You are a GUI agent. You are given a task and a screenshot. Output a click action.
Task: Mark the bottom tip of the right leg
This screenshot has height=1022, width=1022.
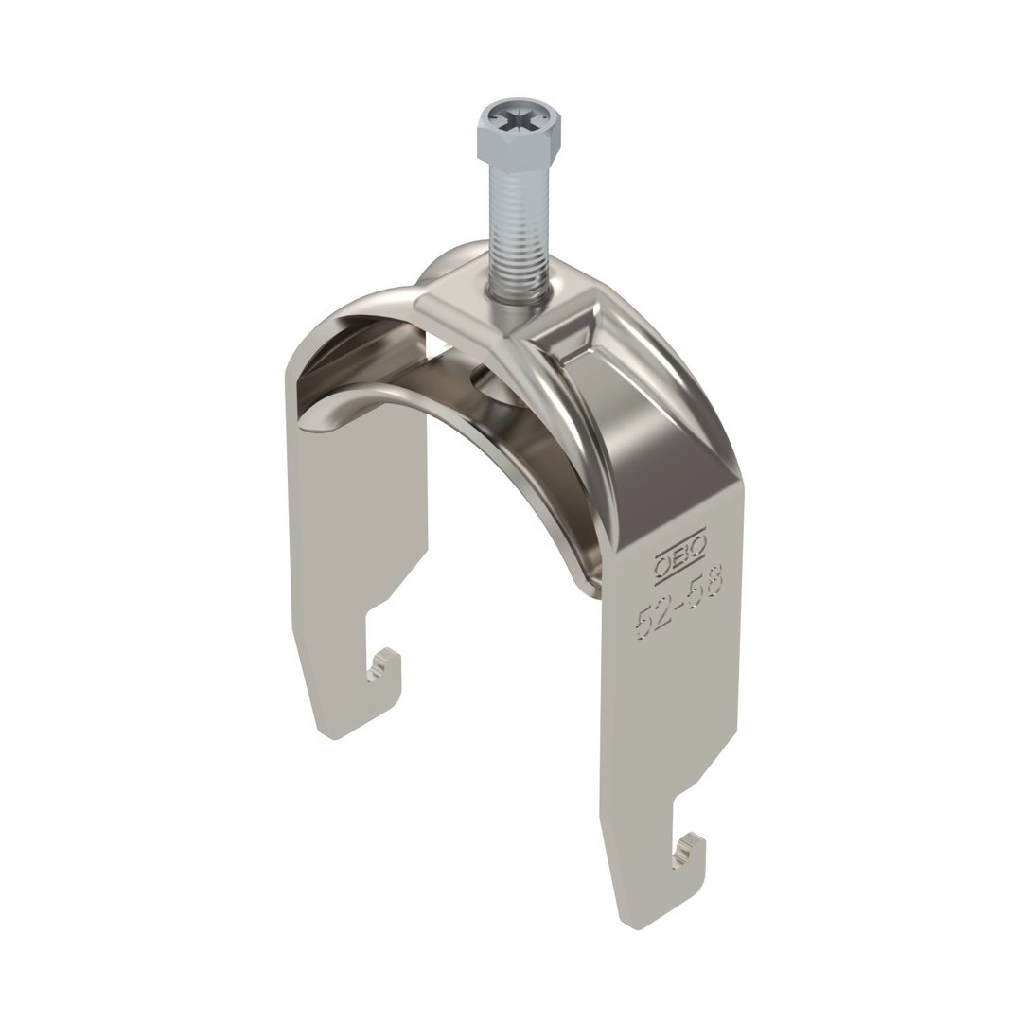[633, 926]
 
